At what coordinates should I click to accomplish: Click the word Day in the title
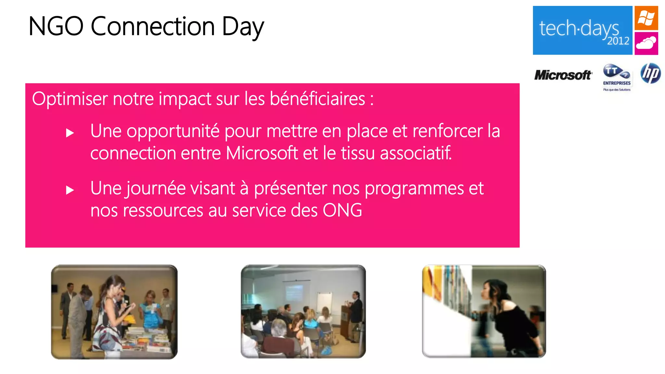pos(243,27)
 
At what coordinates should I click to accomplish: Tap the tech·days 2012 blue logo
pos(582,30)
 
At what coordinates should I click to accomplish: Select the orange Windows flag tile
pos(646,18)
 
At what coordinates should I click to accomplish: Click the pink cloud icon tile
pos(646,43)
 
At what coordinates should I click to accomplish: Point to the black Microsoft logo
pos(563,75)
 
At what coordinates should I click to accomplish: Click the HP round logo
pos(650,73)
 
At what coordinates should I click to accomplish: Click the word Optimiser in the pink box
pos(69,99)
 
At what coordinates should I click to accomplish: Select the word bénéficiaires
pos(317,99)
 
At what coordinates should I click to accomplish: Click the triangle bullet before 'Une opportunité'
pos(70,133)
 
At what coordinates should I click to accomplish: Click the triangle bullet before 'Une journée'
pos(70,190)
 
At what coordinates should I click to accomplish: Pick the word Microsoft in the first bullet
pos(262,153)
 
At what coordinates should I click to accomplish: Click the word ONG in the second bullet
pos(342,210)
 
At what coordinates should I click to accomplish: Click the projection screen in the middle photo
pos(295,292)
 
